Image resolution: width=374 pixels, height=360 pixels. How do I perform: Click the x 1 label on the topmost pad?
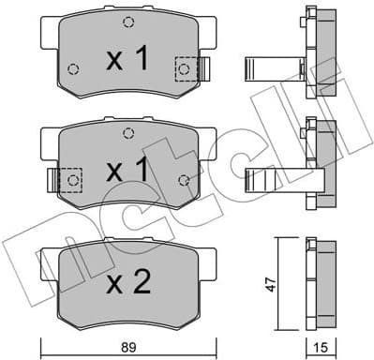127,62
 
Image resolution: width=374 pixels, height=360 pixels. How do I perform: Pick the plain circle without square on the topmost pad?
73,67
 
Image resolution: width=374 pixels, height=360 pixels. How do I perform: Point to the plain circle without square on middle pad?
184,179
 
